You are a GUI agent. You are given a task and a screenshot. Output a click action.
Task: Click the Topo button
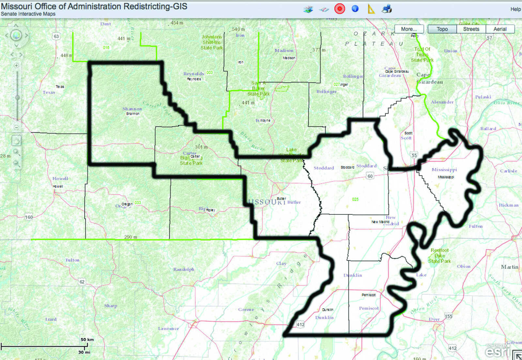pos(442,29)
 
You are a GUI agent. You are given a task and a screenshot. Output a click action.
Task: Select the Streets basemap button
pos(471,29)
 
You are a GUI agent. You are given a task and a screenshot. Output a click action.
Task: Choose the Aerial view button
pos(500,29)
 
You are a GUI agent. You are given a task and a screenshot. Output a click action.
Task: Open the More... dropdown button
pos(409,29)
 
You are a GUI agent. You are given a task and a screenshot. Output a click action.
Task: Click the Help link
pos(515,9)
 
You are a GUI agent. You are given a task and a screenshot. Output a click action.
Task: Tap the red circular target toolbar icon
pos(340,9)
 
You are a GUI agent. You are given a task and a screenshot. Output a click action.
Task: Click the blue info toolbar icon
pos(355,9)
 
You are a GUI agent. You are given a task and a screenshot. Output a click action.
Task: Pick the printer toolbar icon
pos(387,9)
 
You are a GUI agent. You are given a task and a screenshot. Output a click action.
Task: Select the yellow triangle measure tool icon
pos(371,9)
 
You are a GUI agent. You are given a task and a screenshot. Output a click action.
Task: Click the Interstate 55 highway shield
pos(414,155)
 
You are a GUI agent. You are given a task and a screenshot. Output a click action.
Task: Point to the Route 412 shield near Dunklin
pos(300,324)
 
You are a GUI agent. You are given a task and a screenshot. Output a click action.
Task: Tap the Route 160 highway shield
pos(29,217)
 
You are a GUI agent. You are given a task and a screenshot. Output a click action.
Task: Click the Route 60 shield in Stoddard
pos(370,176)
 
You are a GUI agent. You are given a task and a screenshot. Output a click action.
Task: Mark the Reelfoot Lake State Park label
pos(439,256)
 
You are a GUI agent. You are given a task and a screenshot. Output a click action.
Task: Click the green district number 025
pos(355,199)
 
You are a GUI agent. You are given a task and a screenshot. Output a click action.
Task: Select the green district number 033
pos(138,203)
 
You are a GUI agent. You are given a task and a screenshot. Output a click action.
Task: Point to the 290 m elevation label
pos(130,237)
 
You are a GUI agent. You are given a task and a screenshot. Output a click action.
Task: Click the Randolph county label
pos(184,269)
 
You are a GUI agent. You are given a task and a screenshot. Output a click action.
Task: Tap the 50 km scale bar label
pos(87,339)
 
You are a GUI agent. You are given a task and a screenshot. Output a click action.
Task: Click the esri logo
pos(497,352)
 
